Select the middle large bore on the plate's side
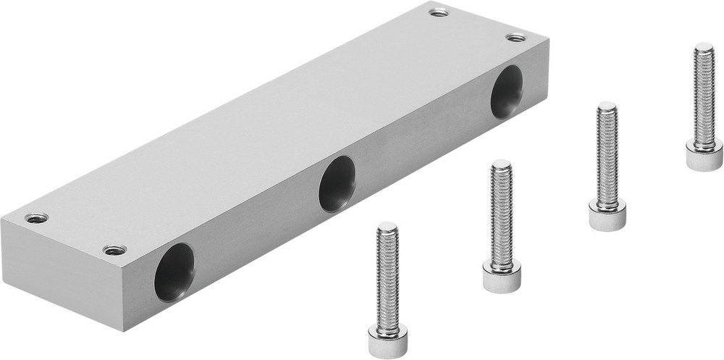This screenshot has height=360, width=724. point(337,184)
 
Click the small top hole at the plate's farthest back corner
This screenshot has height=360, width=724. point(437,12)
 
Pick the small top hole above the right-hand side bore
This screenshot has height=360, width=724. point(514,37)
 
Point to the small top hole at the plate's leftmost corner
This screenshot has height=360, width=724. point(35,217)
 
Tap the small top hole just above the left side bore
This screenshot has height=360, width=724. point(114,250)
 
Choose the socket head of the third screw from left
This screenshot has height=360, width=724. point(606,215)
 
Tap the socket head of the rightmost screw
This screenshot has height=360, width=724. point(704,155)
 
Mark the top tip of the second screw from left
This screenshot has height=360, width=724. point(501,165)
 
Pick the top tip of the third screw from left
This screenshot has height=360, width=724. point(607,106)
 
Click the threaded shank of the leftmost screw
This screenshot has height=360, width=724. point(387,275)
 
